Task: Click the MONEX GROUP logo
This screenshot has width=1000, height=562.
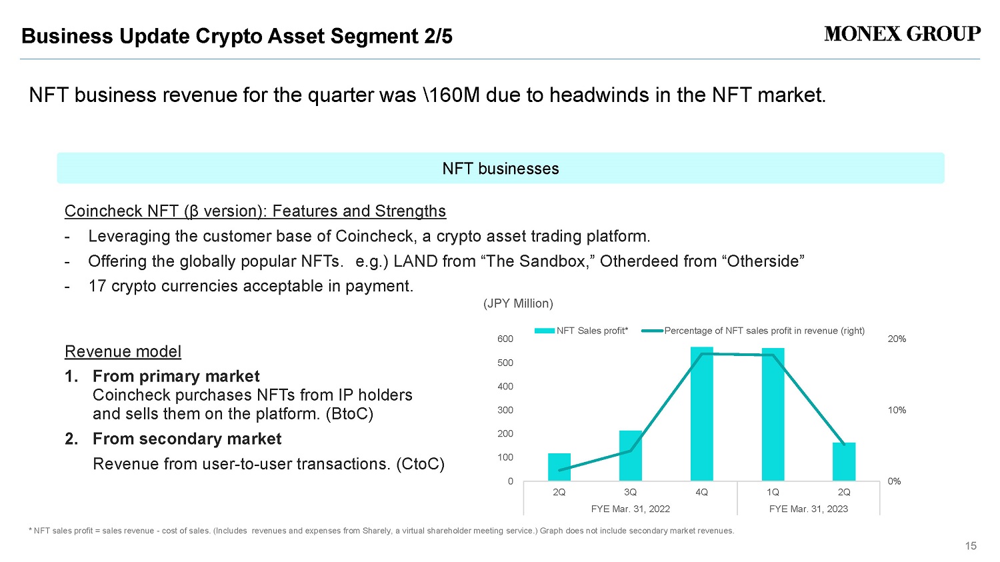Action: pyautogui.click(x=902, y=34)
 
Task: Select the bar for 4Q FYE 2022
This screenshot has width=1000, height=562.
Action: pyautogui.click(x=701, y=414)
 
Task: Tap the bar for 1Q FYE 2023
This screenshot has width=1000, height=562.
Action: pyautogui.click(x=773, y=414)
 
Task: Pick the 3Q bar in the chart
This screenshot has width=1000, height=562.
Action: pyautogui.click(x=631, y=456)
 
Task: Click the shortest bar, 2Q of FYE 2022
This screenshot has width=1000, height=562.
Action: pyautogui.click(x=559, y=467)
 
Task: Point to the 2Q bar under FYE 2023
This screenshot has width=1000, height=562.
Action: pyautogui.click(x=844, y=461)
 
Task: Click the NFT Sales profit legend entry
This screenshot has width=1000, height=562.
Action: pyautogui.click(x=581, y=331)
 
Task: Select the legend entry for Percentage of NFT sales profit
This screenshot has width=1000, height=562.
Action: pyautogui.click(x=753, y=331)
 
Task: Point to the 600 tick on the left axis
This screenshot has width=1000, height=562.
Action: pyautogui.click(x=505, y=339)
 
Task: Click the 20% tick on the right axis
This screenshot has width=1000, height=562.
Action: pyautogui.click(x=897, y=339)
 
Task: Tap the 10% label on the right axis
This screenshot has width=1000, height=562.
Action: pyautogui.click(x=897, y=410)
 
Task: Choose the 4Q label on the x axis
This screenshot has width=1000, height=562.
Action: pyautogui.click(x=701, y=492)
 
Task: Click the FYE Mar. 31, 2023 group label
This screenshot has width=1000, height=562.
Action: pyautogui.click(x=809, y=509)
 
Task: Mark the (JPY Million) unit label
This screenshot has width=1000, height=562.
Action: pyautogui.click(x=518, y=303)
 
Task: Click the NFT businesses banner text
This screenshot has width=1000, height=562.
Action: pyautogui.click(x=501, y=169)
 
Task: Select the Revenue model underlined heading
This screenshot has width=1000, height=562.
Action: pyautogui.click(x=123, y=352)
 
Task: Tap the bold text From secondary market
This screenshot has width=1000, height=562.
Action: pyautogui.click(x=187, y=439)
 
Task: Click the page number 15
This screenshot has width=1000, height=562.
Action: pyautogui.click(x=971, y=546)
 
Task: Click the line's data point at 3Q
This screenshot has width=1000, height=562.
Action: pyautogui.click(x=631, y=451)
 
